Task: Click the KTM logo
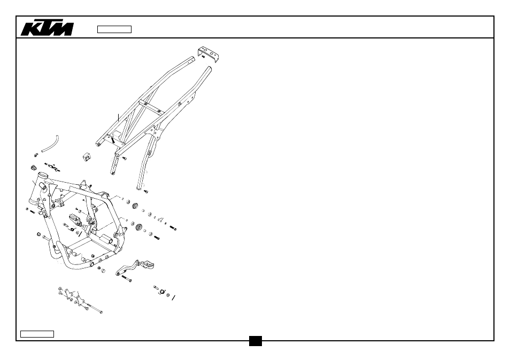(x=47, y=29)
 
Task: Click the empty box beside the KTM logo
(x=114, y=29)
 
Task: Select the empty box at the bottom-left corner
(x=37, y=334)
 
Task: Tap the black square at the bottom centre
(x=256, y=341)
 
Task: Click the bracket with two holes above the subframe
(x=208, y=53)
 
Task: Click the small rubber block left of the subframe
(x=87, y=156)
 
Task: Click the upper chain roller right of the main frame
(x=135, y=206)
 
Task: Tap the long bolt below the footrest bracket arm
(x=127, y=279)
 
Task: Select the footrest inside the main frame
(x=75, y=220)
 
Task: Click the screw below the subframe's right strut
(x=146, y=191)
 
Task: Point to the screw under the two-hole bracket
(x=203, y=57)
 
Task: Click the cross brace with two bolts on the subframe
(x=151, y=107)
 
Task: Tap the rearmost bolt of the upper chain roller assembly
(x=173, y=228)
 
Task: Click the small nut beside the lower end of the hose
(x=36, y=155)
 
